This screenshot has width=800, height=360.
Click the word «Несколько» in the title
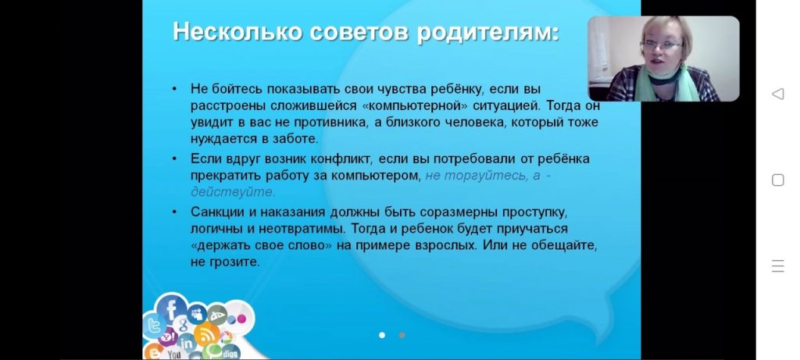pyautogui.click(x=238, y=31)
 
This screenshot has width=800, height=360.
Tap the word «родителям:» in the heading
pyautogui.click(x=488, y=33)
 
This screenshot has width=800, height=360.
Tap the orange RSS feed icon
pyautogui.click(x=207, y=334)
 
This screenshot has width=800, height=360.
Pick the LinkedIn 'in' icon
pyautogui.click(x=187, y=343)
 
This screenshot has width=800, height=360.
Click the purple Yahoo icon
pyautogui.click(x=168, y=337)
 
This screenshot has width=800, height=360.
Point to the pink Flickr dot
pyautogui.click(x=241, y=319)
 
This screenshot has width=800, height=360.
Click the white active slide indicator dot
pyautogui.click(x=382, y=335)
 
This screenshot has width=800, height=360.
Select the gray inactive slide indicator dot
pyautogui.click(x=402, y=335)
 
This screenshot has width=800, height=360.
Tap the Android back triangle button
pyautogui.click(x=777, y=94)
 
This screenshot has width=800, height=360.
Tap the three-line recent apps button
pyautogui.click(x=777, y=266)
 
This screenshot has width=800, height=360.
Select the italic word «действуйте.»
pyautogui.click(x=233, y=192)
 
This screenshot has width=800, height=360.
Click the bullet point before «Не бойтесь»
pyautogui.click(x=174, y=89)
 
